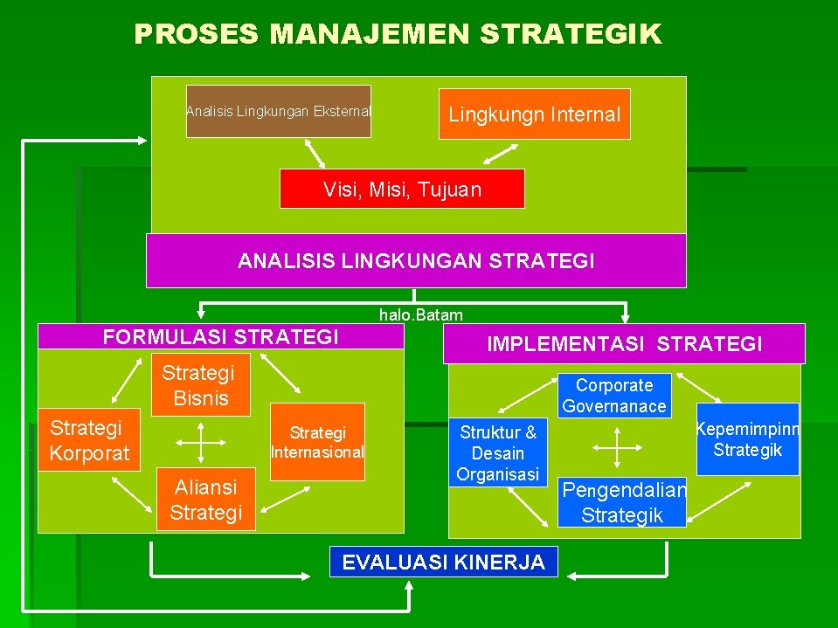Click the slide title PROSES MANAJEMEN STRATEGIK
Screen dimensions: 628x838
click(x=398, y=34)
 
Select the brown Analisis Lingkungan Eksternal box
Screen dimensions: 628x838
click(x=279, y=111)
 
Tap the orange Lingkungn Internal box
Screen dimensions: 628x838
click(x=534, y=114)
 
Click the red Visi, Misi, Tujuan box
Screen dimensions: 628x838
click(x=402, y=189)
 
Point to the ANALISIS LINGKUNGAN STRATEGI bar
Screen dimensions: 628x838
click(x=416, y=260)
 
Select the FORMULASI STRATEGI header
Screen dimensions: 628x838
click(x=220, y=337)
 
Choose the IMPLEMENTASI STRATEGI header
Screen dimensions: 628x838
click(x=624, y=344)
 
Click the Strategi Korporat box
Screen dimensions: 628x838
click(x=89, y=439)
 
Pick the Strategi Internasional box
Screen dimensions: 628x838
click(x=317, y=442)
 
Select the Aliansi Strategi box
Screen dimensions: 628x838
click(x=205, y=500)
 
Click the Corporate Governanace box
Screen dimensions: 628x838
click(x=614, y=395)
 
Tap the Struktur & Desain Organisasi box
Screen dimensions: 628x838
click(x=498, y=452)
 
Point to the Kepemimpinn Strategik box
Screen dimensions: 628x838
click(x=747, y=438)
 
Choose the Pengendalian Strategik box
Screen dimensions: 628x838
click(x=623, y=502)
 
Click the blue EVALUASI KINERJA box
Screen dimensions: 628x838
click(x=443, y=562)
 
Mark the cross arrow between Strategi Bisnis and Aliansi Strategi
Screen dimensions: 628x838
click(x=202, y=442)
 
